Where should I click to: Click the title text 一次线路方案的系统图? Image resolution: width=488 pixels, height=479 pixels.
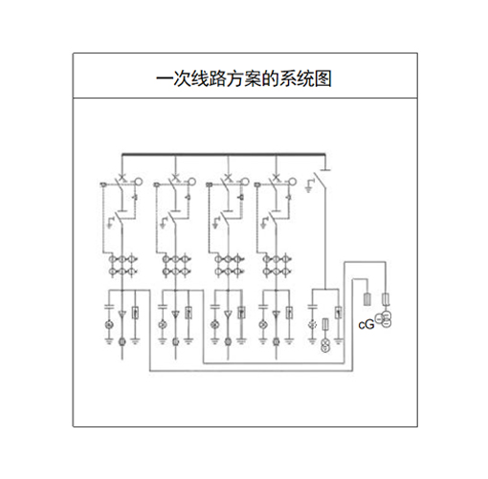click(244, 78)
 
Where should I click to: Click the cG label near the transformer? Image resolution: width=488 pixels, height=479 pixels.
click(366, 325)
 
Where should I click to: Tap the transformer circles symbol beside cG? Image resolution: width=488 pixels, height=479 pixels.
click(384, 319)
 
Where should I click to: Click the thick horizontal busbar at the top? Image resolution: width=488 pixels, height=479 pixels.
click(224, 155)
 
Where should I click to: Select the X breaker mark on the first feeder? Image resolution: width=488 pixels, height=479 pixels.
click(122, 177)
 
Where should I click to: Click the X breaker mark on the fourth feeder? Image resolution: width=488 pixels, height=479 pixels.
click(277, 177)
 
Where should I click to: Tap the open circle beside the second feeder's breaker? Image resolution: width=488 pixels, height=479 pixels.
click(191, 182)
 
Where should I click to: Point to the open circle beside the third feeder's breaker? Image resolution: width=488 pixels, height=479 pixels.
click(245, 182)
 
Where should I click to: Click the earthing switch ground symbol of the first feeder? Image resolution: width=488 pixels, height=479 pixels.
click(110, 223)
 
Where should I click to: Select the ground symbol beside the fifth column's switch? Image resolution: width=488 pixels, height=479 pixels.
click(309, 186)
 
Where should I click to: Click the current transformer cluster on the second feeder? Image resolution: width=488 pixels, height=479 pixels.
click(176, 265)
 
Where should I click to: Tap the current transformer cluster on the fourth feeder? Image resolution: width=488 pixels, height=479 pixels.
click(277, 265)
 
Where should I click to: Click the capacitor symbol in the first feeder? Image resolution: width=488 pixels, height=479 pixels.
click(109, 307)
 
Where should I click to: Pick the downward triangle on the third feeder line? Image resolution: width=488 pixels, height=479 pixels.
click(228, 315)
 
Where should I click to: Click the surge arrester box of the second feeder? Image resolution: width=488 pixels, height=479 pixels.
click(189, 313)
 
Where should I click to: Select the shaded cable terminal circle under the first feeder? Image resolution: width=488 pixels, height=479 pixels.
click(122, 342)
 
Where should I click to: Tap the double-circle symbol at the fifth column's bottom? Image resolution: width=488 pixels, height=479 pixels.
click(325, 346)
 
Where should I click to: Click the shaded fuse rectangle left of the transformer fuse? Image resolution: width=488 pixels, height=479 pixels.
click(367, 299)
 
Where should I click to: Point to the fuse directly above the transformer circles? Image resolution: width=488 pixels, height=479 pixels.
click(386, 299)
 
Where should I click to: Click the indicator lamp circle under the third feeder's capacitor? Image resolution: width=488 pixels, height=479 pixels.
click(214, 325)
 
